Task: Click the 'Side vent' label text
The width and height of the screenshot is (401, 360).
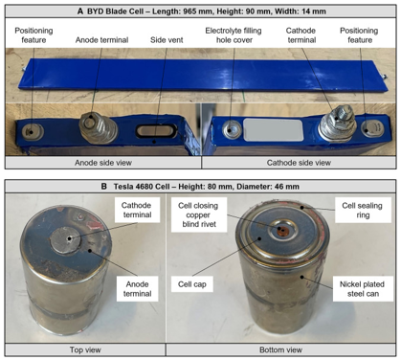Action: coord(167,40)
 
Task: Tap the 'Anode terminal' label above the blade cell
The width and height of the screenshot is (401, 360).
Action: coord(101,40)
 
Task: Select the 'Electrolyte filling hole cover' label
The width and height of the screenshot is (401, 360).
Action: coord(234,35)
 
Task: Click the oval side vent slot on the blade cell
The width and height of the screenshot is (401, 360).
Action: coord(157,131)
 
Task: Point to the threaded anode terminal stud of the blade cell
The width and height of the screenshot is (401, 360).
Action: coord(99,128)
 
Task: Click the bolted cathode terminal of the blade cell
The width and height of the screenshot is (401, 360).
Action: coord(338,125)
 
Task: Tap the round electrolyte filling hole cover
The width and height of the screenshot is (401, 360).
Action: coord(233,129)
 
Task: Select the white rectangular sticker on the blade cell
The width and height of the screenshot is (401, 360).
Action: coord(273,130)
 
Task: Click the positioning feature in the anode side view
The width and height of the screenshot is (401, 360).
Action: coord(33,132)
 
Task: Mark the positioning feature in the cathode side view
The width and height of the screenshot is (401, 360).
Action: coord(372,128)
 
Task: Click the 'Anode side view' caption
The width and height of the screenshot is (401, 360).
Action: coord(103,163)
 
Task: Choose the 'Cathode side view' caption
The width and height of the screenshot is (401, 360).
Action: coord(299,163)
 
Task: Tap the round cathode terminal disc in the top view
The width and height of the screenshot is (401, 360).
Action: coord(66,239)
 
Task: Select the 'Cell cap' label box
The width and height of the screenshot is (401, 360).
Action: coord(192,284)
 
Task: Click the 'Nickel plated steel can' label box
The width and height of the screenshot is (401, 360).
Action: coord(363,289)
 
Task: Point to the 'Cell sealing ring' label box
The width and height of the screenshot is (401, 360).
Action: coord(363,210)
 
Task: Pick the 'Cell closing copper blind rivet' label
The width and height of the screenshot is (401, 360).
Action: coord(198,214)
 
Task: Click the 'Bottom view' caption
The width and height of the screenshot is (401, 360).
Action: coord(280,350)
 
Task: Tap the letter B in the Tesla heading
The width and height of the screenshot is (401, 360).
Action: coord(103,187)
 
